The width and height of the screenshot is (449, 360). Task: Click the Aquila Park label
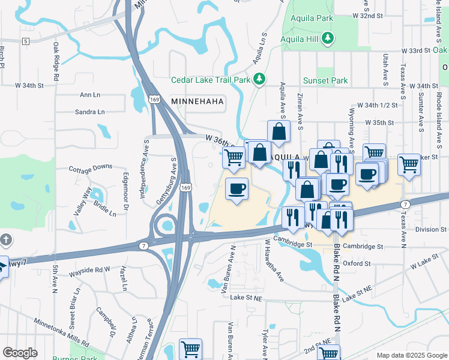pos(311,18)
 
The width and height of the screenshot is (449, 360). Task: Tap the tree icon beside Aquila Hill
pos(328,39)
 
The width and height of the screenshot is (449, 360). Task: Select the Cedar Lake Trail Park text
pos(210,80)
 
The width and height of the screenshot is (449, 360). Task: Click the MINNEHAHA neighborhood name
pos(197,102)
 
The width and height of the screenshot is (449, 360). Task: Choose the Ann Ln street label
pos(90,95)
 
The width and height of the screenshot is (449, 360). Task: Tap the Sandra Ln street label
pos(90,112)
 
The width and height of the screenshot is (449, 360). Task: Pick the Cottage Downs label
pos(91,167)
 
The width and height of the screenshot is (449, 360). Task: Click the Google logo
pos(20,353)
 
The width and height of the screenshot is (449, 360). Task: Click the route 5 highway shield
pos(25,41)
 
